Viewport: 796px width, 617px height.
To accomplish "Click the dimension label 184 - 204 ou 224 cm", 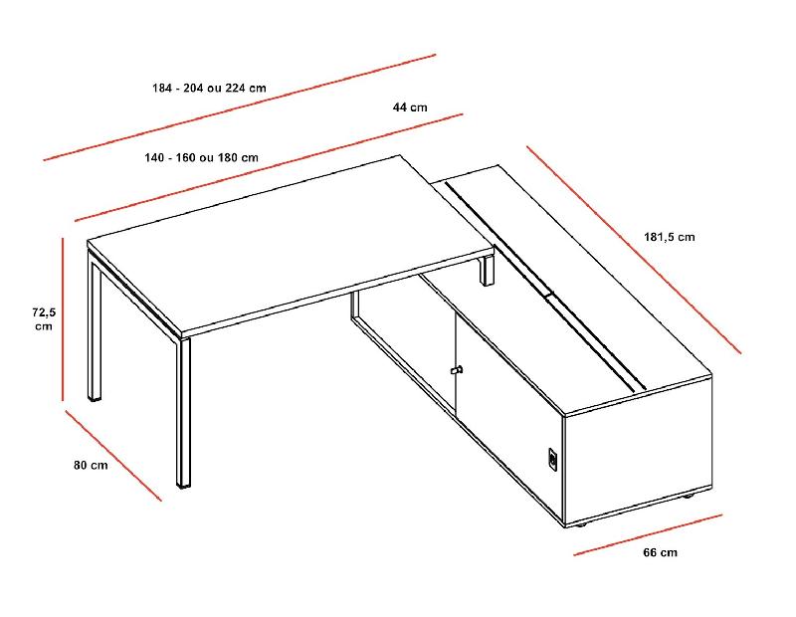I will tap(209, 88).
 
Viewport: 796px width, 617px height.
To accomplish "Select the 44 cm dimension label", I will tap(410, 107).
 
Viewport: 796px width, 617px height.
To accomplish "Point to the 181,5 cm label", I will tap(669, 237).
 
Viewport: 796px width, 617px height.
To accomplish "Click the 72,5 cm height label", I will tap(44, 318).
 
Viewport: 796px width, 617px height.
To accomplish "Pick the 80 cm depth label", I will tap(91, 465).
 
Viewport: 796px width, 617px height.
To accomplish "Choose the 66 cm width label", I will tap(660, 552).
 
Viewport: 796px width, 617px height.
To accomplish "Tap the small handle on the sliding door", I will tap(457, 371).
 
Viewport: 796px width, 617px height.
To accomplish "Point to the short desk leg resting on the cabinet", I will tap(488, 270).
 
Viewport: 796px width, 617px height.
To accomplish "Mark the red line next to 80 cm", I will tap(112, 454).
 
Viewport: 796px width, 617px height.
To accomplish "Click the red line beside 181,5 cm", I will tap(634, 250).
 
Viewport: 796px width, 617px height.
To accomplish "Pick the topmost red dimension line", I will tap(239, 106).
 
